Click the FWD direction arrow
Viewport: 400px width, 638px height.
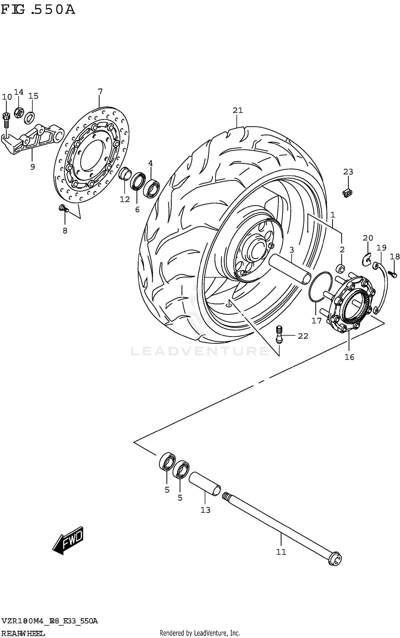[x=68, y=540]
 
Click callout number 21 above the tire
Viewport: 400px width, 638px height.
[x=238, y=110]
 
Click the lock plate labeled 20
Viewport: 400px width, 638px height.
[x=368, y=259]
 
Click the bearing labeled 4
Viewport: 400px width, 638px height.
[x=151, y=189]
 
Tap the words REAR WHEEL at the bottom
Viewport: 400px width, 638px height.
[x=23, y=633]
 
